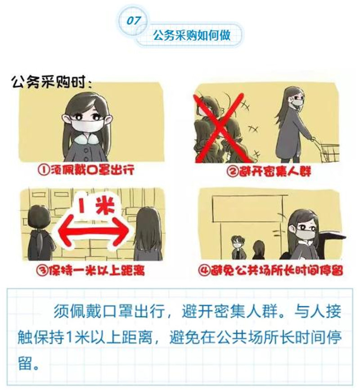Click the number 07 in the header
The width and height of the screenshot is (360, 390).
134,21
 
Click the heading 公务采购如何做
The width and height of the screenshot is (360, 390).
191,35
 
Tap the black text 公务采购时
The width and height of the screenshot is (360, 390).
51,82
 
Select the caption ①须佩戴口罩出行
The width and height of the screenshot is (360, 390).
86,170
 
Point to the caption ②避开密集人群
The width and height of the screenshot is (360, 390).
269,171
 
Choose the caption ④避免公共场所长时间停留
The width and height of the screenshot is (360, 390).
270,270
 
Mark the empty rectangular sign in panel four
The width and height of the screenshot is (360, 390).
248,209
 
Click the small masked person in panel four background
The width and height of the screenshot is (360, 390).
237,248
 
